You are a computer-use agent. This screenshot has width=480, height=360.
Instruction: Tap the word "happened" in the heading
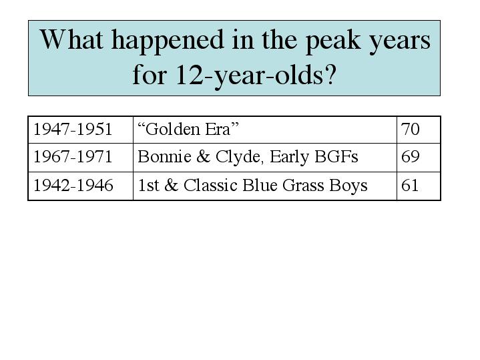click(168, 41)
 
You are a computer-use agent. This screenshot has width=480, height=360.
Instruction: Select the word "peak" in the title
click(333, 42)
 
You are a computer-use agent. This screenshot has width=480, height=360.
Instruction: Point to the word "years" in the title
click(400, 43)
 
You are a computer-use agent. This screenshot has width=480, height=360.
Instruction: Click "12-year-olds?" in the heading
click(256, 75)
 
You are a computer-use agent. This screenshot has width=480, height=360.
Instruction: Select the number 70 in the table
click(410, 129)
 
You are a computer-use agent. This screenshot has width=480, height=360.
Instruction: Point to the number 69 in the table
click(410, 156)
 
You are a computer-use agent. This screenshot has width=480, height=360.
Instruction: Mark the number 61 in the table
click(410, 185)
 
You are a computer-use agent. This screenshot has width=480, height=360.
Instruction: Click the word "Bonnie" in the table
click(164, 156)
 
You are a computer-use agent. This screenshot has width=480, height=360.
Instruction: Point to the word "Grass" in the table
click(303, 185)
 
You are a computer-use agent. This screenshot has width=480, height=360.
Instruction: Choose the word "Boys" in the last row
click(348, 186)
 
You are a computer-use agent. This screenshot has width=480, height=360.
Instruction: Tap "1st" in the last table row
click(148, 185)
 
